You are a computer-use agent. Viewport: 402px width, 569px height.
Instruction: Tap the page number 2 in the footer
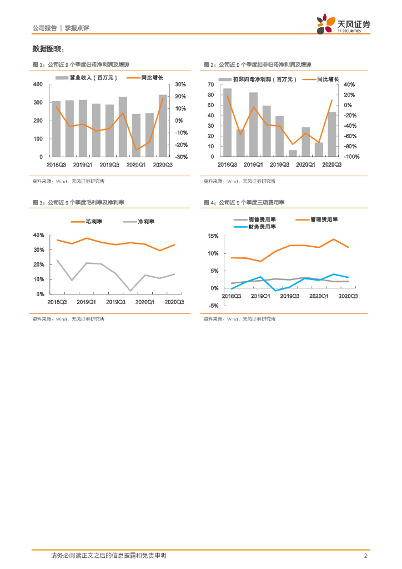click(365, 556)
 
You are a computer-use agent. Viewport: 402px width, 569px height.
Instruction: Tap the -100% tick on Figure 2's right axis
click(352, 157)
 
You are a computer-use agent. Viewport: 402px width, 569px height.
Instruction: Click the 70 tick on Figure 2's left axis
click(210, 84)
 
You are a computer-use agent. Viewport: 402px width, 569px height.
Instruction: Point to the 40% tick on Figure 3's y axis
click(39, 235)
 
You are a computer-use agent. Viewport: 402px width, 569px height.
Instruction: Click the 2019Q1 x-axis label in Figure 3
click(86, 302)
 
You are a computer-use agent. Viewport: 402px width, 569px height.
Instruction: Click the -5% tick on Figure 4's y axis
click(213, 305)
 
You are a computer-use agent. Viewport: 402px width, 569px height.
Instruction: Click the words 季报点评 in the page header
click(77, 28)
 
